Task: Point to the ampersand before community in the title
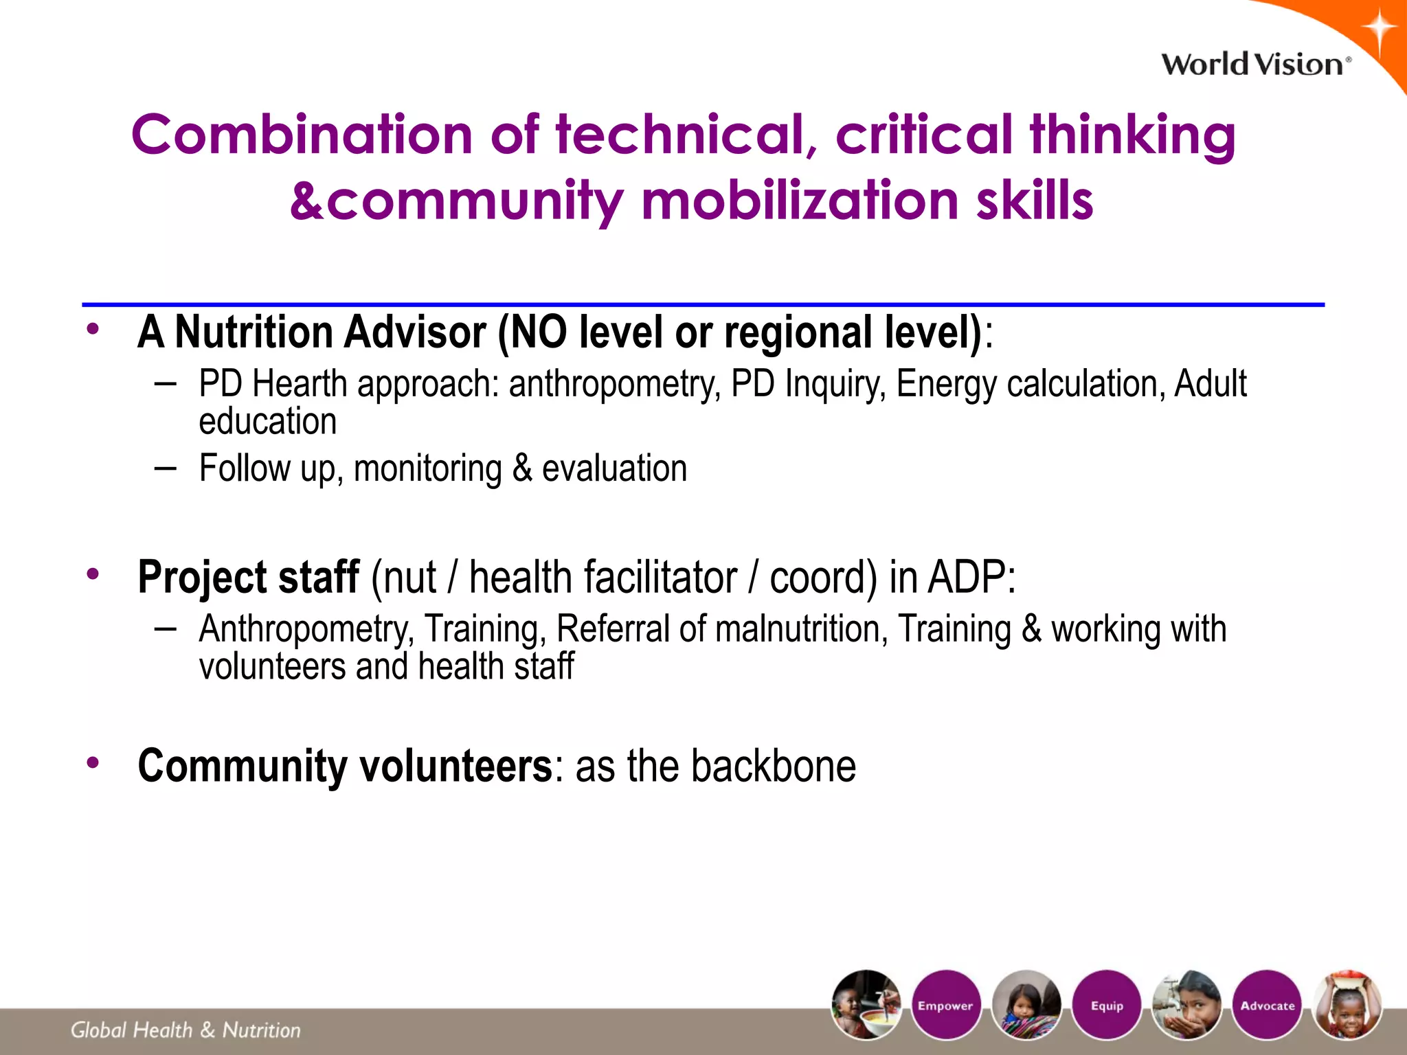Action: [306, 201]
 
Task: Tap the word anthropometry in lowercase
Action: [614, 385]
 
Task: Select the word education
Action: [268, 421]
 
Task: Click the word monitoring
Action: [427, 469]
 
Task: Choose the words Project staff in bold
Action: [248, 576]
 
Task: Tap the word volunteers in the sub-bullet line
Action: [272, 666]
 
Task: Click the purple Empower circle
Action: [945, 1005]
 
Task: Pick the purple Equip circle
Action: [1107, 1005]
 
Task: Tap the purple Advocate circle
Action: [1268, 1005]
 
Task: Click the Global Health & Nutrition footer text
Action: [185, 1030]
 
